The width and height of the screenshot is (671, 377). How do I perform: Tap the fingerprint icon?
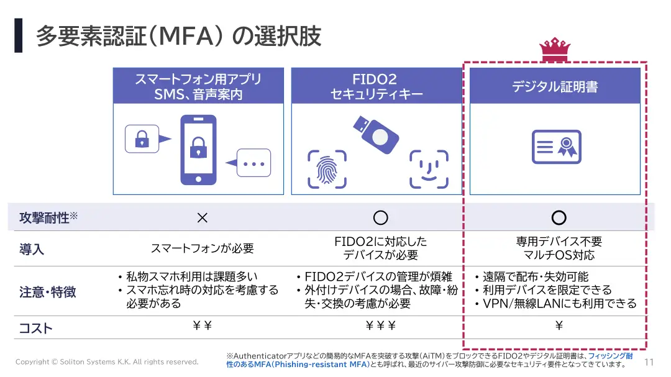326,169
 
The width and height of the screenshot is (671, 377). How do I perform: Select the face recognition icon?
429,169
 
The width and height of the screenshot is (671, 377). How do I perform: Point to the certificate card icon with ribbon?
556,147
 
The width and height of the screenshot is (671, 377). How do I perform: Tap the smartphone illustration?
198,150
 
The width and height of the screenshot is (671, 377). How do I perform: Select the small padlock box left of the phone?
142,139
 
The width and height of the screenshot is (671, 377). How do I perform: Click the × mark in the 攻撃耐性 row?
202,218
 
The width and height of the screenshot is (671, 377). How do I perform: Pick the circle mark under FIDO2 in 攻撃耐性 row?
380,217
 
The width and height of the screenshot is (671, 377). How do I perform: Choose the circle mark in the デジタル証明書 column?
559,217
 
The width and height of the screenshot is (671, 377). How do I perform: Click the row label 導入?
32,249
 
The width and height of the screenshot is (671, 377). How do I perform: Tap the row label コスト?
35,328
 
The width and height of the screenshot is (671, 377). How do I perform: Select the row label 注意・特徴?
47,291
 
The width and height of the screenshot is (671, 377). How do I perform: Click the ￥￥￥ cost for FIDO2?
380,325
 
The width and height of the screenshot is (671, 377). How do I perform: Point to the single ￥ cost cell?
559,325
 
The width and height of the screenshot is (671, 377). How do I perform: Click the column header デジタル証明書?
555,86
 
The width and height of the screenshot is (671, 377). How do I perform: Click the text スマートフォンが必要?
203,248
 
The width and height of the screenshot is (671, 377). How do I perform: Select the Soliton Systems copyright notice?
107,361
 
